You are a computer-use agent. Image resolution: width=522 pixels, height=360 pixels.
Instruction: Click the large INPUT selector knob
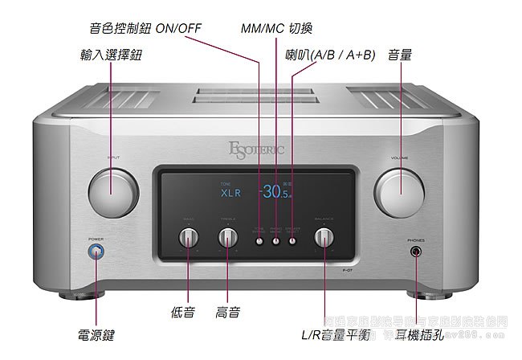[x=111, y=192]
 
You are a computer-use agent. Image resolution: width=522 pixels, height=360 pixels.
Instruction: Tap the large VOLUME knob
[x=399, y=193]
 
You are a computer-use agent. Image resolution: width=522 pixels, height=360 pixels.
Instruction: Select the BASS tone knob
[x=190, y=238]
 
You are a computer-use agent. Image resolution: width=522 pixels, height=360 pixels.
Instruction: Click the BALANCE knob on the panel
[x=324, y=238]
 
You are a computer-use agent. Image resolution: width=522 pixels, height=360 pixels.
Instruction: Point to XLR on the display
[x=230, y=193]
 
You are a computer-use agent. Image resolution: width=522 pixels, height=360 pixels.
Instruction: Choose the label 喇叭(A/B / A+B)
[x=329, y=55]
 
